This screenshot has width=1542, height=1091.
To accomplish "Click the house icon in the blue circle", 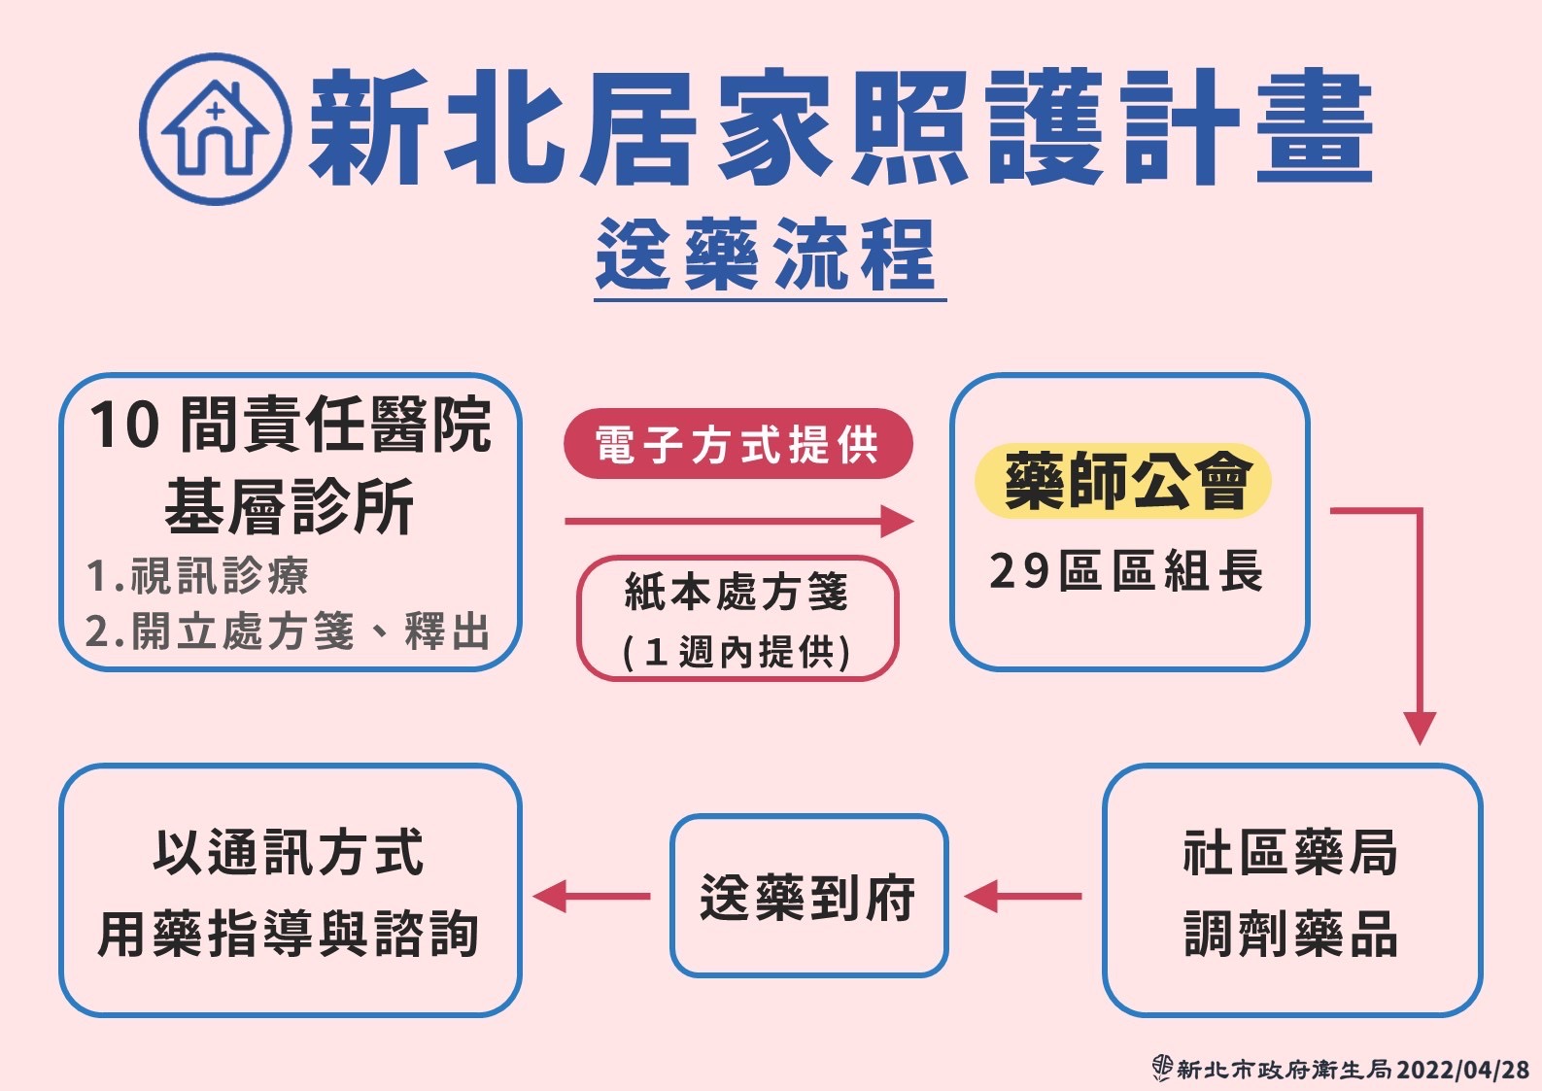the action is click(x=215, y=128).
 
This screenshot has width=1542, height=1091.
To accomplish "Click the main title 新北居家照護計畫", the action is click(x=840, y=128).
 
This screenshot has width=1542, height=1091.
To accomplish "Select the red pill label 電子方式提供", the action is click(x=737, y=444).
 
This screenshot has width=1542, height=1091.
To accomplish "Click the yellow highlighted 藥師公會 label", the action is click(x=1123, y=481).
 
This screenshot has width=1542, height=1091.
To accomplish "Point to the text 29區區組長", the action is click(x=1126, y=570).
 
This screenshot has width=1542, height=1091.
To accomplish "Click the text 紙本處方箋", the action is click(x=737, y=591).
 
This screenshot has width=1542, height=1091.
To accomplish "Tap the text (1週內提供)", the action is click(x=737, y=651).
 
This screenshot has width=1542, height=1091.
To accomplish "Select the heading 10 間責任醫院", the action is click(x=291, y=425).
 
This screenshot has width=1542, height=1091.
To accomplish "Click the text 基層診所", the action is click(x=290, y=506).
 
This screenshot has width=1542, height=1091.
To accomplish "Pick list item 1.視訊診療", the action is click(x=197, y=575).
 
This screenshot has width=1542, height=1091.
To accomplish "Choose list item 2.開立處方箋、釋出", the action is click(x=288, y=631).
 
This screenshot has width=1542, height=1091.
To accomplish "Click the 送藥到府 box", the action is click(x=808, y=896).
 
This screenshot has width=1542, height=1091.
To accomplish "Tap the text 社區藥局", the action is click(x=1290, y=853).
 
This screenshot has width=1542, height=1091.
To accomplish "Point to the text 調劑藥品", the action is click(x=1290, y=934).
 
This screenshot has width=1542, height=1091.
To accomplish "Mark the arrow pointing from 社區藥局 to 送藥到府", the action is click(x=1023, y=896).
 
